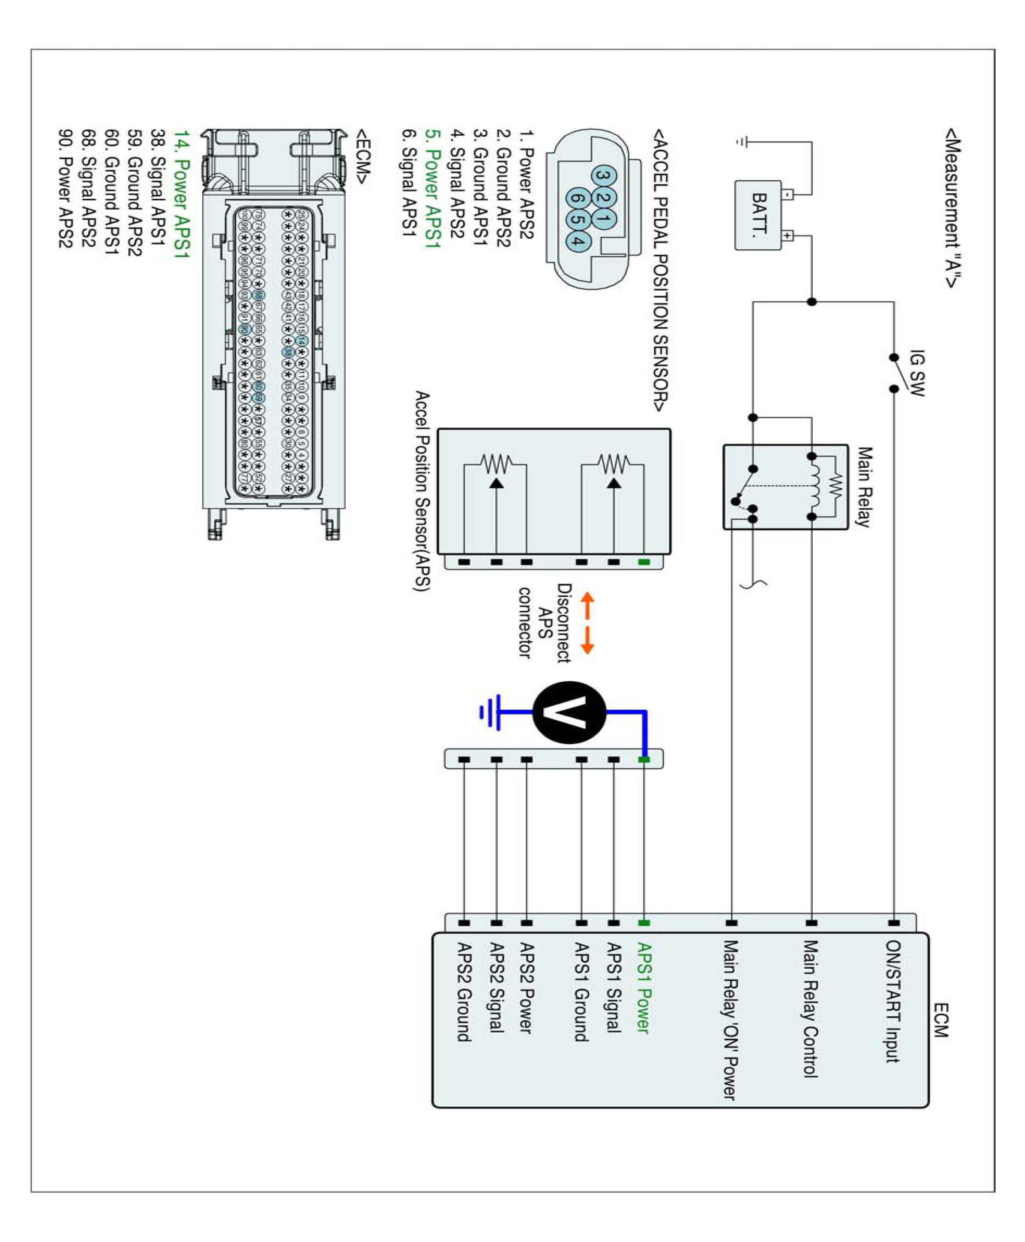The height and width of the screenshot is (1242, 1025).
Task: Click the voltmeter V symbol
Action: (x=569, y=712)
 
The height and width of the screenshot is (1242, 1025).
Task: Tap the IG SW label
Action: (x=916, y=373)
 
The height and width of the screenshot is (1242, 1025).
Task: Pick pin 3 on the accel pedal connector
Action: (x=603, y=175)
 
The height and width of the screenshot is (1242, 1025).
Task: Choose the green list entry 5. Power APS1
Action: (x=433, y=197)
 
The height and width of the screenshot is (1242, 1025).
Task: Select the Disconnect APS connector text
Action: (x=544, y=623)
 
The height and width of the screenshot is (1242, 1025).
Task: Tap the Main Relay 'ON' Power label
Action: (x=730, y=1020)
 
